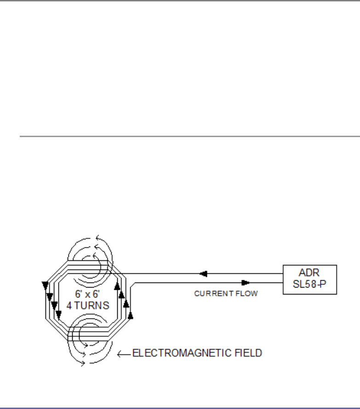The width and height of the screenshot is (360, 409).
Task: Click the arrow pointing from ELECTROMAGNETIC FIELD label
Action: (x=123, y=354)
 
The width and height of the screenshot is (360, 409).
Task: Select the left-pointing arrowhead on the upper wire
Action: (x=203, y=274)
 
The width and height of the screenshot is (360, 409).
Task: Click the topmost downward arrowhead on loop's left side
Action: (x=45, y=284)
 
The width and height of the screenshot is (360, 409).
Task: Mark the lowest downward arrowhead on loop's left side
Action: (x=58, y=315)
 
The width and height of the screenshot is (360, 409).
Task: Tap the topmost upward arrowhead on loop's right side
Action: (x=117, y=286)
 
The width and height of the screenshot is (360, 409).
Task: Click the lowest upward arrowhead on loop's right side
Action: (x=131, y=316)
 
